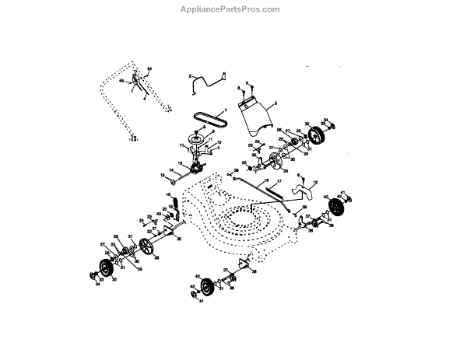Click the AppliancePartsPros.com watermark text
(x=233, y=9)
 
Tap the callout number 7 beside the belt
(x=226, y=110)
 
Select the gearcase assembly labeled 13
(x=192, y=168)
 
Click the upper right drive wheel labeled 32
(x=318, y=138)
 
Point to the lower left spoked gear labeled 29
(x=145, y=247)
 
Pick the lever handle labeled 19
(x=174, y=203)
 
